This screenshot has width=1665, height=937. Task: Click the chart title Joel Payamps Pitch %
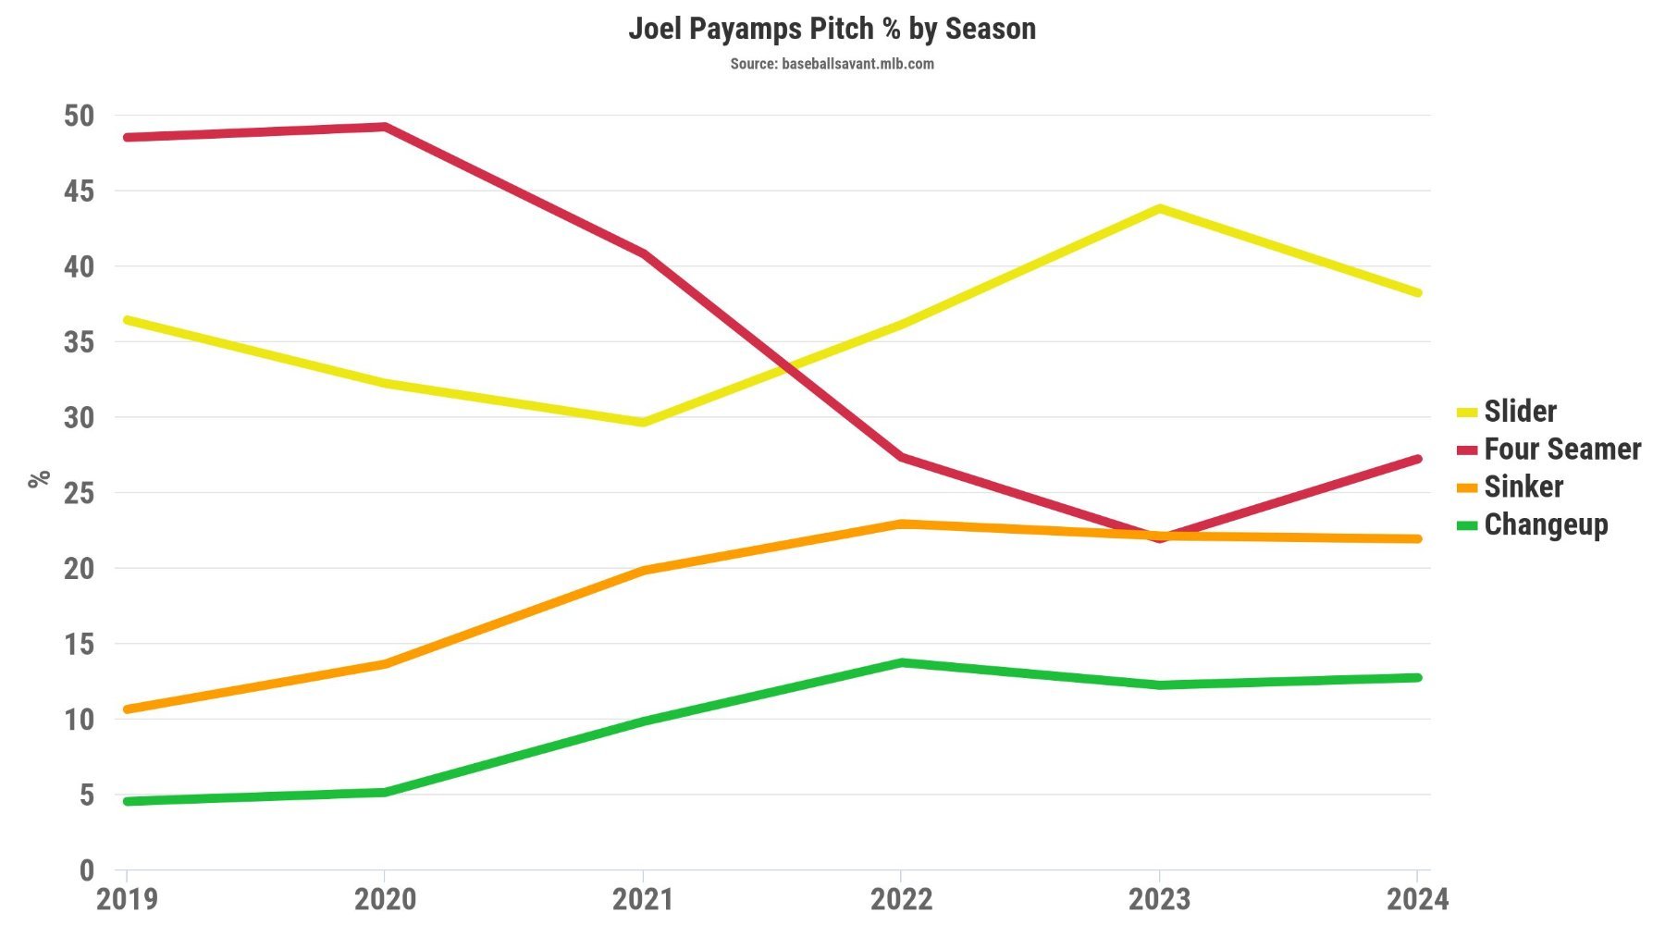832,29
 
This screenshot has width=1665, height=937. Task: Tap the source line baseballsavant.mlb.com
832,64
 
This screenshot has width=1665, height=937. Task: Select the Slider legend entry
1519,411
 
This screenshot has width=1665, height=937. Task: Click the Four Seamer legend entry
1561,449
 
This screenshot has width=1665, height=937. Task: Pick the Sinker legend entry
1523,487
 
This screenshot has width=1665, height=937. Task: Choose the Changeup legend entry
1545,524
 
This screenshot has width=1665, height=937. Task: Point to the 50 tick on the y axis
80,116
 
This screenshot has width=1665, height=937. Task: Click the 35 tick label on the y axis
80,342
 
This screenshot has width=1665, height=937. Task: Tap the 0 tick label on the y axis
87,869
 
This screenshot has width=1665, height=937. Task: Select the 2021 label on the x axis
643,899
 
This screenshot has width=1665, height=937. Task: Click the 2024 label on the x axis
1416,899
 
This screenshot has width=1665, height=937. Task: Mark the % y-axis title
39,478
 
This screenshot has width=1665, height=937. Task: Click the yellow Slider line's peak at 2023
1159,209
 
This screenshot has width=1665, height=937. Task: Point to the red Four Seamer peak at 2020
385,127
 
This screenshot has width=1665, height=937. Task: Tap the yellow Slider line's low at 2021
643,422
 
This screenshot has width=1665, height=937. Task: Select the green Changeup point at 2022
901,662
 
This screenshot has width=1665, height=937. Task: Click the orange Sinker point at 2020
385,663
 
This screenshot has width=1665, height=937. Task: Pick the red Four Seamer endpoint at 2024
1416,459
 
